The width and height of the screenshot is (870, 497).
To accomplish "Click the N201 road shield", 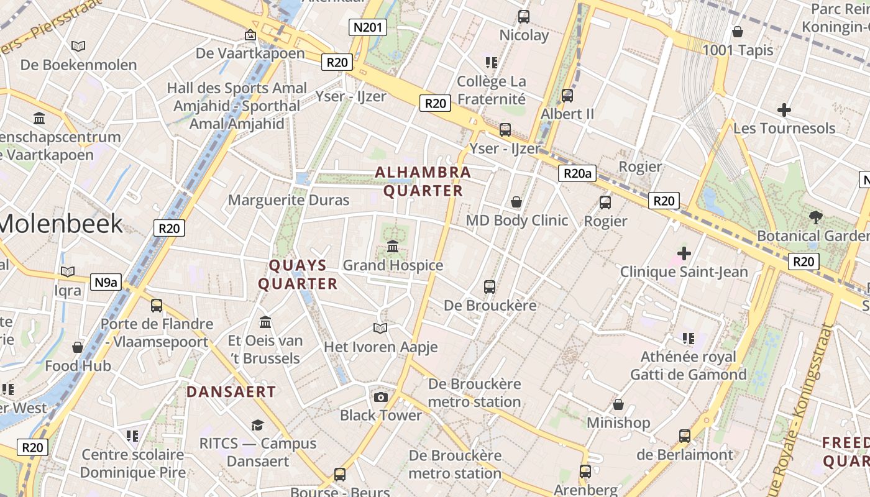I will (369, 27).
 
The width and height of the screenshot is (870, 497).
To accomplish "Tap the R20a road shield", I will (577, 173).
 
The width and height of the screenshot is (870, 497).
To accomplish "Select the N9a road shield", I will (106, 282).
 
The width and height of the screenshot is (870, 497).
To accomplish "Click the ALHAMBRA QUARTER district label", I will (423, 181).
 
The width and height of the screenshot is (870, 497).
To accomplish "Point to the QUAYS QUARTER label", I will (298, 275).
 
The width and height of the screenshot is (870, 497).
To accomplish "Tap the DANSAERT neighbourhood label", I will (231, 392).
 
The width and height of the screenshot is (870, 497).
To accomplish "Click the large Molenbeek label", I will (62, 224).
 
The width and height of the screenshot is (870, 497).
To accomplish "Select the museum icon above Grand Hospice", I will (393, 247).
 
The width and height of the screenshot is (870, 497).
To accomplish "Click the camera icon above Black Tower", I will (381, 397).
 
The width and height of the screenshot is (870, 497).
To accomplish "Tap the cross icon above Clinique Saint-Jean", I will (684, 253).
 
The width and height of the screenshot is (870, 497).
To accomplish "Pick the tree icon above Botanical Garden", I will (816, 217).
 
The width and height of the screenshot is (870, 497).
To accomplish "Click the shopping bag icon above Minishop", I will (618, 405).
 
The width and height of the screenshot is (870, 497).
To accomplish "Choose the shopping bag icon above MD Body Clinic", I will (516, 202).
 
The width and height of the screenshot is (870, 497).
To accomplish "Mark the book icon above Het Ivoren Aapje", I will (380, 328).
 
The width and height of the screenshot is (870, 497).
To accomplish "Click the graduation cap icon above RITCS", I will (257, 425).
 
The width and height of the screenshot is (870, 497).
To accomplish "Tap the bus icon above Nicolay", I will (524, 17).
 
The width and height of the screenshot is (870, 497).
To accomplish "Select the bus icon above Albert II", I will (567, 96).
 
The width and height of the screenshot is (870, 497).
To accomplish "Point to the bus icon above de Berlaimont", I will (685, 436).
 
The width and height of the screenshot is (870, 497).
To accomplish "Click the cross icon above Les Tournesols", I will (784, 111).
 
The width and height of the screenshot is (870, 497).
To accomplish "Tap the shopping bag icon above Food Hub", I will (78, 347).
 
